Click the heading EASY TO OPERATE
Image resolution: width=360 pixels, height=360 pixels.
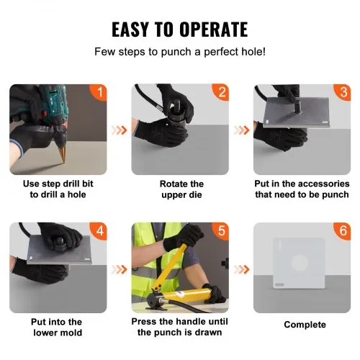click(x=180, y=29)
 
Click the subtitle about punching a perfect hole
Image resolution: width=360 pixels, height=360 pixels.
click(x=180, y=53)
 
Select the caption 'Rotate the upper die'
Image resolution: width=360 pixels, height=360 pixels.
click(x=181, y=189)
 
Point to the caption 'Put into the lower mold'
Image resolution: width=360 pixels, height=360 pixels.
click(x=57, y=327)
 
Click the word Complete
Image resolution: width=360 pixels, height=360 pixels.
click(x=305, y=325)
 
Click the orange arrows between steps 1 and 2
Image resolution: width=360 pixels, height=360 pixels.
click(x=119, y=132)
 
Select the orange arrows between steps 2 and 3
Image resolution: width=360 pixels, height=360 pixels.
click(x=242, y=132)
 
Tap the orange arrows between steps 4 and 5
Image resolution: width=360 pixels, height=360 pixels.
click(x=119, y=270)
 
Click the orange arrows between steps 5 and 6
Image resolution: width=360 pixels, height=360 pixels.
click(x=242, y=270)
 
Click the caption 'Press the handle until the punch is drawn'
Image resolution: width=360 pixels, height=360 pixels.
click(x=180, y=327)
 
